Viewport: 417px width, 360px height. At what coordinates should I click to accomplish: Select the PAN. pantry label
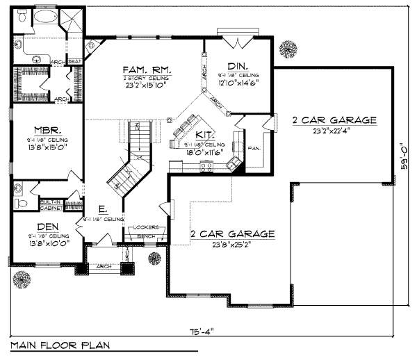[254, 149]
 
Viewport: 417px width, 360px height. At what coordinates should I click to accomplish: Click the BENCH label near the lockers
[146, 236]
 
